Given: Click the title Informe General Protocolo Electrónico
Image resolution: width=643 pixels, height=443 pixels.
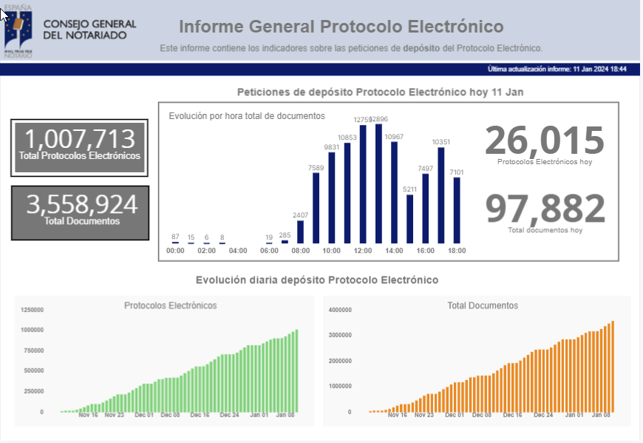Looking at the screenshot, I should (x=341, y=27).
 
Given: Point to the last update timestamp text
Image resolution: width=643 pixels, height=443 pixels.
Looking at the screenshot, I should (x=557, y=69).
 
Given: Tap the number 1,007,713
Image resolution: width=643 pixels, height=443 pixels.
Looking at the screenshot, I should (x=80, y=139).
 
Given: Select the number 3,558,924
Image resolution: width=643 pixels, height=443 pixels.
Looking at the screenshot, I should (x=80, y=204).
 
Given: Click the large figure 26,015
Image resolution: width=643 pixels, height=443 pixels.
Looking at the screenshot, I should (x=544, y=141).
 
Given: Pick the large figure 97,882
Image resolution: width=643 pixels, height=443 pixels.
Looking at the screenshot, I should (x=545, y=209).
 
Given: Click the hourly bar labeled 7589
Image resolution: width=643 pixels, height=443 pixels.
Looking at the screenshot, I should (x=316, y=209).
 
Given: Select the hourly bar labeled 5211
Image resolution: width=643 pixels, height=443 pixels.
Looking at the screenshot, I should (x=410, y=219).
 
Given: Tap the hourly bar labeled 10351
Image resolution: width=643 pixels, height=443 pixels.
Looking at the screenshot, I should (x=441, y=195).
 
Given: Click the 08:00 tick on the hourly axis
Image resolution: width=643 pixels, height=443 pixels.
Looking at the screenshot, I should (x=301, y=251).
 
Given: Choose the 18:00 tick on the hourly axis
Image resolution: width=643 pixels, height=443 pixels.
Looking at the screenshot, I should (x=457, y=251).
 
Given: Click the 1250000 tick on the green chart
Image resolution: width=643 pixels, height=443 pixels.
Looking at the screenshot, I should (x=32, y=310).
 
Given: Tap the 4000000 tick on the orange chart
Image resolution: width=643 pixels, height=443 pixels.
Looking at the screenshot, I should (x=339, y=310).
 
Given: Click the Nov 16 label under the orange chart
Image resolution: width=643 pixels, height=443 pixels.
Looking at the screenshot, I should (x=398, y=415).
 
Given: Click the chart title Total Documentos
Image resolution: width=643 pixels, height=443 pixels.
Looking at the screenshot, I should (x=483, y=305).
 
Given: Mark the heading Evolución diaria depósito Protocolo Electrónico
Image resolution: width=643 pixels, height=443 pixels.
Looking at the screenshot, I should (x=317, y=280).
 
